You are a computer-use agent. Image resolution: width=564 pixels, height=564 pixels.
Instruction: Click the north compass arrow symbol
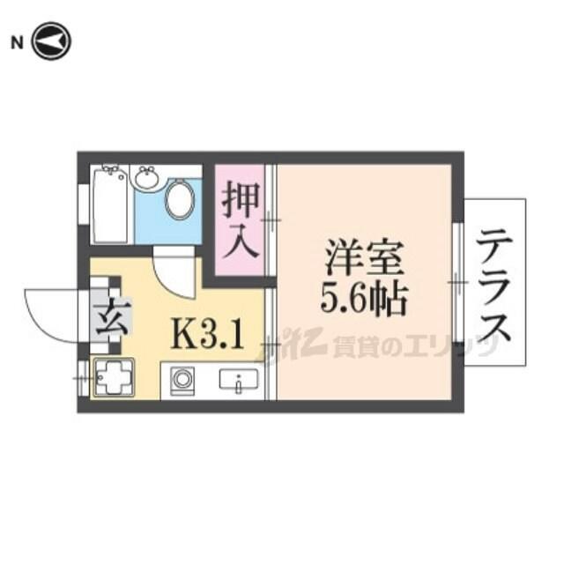point(52,41)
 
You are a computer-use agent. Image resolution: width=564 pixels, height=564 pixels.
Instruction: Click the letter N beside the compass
point(17,43)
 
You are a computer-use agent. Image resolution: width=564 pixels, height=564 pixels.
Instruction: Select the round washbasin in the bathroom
point(147,177)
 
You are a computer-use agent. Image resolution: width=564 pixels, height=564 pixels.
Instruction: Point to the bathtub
point(110,204)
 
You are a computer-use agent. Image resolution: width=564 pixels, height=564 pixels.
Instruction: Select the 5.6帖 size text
point(363,298)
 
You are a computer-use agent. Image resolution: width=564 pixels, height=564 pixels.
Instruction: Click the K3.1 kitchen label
point(207,335)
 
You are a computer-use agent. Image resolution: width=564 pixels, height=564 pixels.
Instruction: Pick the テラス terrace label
point(494,285)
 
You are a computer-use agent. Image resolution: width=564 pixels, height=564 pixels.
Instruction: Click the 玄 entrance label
point(112,317)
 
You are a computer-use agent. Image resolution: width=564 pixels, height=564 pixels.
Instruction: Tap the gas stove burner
point(114,378)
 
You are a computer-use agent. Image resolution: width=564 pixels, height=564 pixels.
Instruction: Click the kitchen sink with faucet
point(239,380)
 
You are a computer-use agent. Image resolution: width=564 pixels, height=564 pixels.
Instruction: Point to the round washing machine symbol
point(182,381)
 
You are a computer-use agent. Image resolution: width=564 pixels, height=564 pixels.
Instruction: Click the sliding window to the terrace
point(457,283)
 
